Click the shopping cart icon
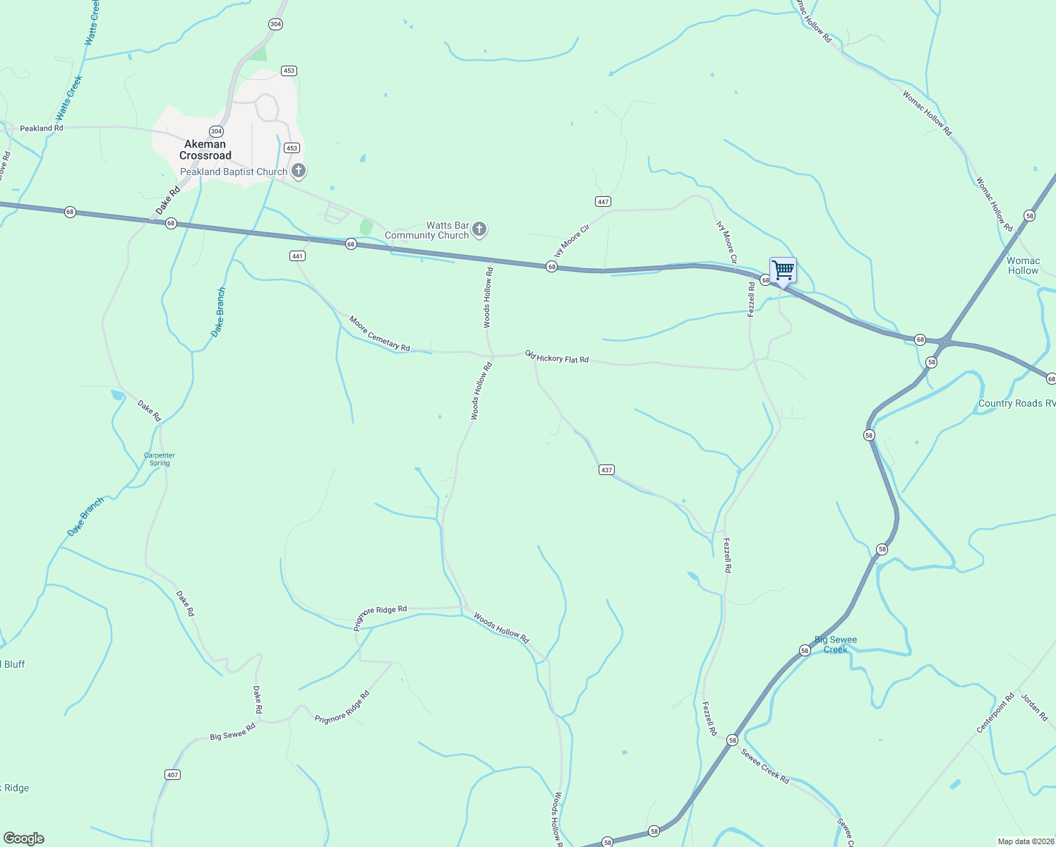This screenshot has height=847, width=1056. [783, 270]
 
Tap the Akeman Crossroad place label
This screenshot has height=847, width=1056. [205, 150]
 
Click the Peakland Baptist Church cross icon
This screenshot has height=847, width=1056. [299, 171]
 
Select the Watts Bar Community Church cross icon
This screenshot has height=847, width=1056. [479, 229]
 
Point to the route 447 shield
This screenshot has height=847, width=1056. [603, 202]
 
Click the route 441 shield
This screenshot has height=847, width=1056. [297, 256]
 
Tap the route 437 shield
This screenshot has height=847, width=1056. [606, 469]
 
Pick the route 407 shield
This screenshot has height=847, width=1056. [172, 774]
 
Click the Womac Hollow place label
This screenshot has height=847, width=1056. [1023, 265]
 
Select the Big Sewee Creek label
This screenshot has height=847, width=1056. [836, 644]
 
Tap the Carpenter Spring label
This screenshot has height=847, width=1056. [160, 459]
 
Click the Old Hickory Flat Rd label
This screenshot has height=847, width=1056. [557, 357]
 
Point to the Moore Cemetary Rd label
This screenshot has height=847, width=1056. [379, 333]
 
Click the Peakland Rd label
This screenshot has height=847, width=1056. [42, 128]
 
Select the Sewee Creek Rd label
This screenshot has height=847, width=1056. [764, 766]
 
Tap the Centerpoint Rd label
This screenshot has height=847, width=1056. [995, 713]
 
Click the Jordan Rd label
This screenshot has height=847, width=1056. [1034, 707]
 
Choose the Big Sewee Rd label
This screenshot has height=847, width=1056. [232, 732]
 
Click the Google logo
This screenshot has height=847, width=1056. [24, 839]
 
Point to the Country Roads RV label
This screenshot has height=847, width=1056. [1016, 404]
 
